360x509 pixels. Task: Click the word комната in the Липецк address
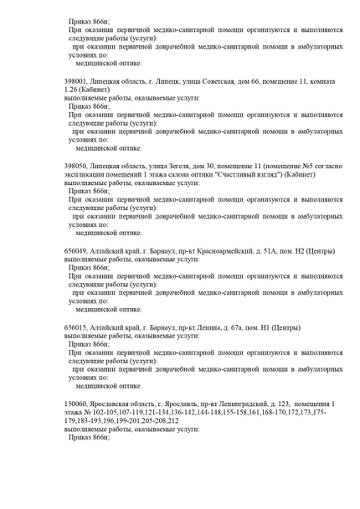[313, 81]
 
